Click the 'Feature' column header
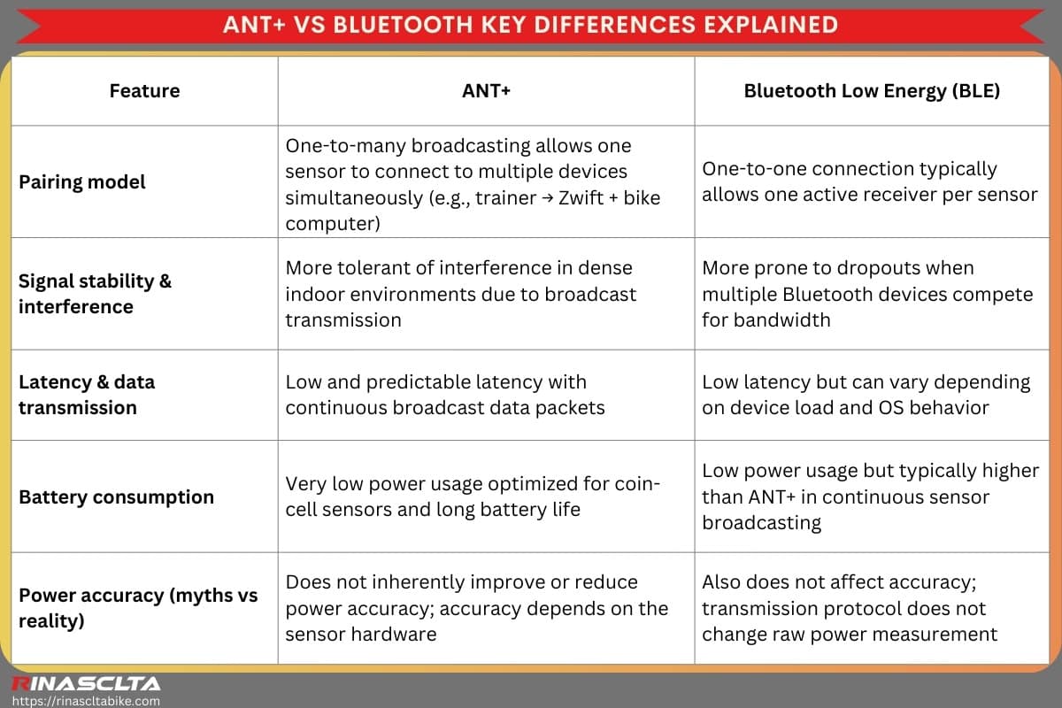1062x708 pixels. click(144, 91)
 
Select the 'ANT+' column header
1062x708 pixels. click(486, 91)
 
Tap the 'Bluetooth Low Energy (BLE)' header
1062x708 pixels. click(872, 91)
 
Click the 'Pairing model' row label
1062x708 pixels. click(81, 182)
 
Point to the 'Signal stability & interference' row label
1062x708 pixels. click(95, 294)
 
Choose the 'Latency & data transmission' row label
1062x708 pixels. click(87, 395)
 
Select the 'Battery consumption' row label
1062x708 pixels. click(116, 497)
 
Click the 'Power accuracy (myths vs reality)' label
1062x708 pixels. click(138, 608)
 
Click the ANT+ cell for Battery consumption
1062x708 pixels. click(472, 496)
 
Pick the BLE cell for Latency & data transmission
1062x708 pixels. click(866, 395)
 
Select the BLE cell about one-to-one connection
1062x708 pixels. click(869, 181)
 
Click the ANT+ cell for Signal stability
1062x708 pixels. click(460, 294)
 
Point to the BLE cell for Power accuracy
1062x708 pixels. click(850, 608)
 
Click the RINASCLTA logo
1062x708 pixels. click(85, 683)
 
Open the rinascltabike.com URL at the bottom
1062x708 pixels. click(85, 700)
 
